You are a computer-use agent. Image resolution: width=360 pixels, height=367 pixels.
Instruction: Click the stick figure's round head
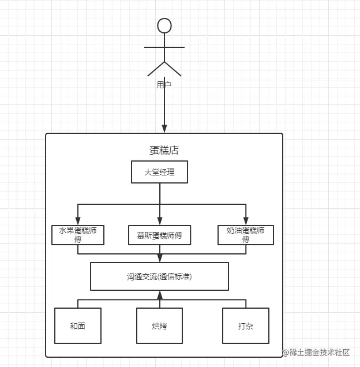(164, 25)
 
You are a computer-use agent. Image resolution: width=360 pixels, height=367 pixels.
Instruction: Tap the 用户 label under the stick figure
(164, 84)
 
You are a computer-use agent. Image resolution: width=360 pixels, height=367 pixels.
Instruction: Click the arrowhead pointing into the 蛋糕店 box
(164, 128)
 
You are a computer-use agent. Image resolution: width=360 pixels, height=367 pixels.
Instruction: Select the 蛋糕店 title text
(164, 150)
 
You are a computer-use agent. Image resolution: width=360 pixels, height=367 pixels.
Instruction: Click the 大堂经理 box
(159, 172)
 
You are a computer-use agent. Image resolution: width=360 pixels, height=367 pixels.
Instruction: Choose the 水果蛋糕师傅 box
(78, 235)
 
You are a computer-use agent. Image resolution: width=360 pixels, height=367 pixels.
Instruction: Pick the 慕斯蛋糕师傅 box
(159, 235)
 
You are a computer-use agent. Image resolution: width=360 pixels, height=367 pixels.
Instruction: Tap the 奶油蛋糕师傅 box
(246, 235)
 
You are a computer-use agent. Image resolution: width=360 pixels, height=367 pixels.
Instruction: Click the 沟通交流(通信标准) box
(159, 276)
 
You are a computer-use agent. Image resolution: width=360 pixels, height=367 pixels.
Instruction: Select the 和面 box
(78, 326)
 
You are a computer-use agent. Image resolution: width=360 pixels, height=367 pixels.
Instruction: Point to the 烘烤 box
(159, 326)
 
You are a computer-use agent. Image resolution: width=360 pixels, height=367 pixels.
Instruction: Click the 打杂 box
(246, 326)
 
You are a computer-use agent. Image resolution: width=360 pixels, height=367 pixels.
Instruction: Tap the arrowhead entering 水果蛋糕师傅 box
(78, 220)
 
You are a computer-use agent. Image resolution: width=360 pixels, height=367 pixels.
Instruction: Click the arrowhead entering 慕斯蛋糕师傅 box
(160, 220)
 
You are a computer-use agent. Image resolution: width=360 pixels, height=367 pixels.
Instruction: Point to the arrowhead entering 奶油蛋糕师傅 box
(246, 220)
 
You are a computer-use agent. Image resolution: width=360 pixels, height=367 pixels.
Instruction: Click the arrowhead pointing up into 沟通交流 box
(160, 295)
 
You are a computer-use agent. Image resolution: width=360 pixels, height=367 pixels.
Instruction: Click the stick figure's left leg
(156, 69)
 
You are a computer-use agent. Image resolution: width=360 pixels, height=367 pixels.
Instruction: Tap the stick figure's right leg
(173, 69)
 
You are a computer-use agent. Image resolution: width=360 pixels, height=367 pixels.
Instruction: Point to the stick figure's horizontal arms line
(164, 47)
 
